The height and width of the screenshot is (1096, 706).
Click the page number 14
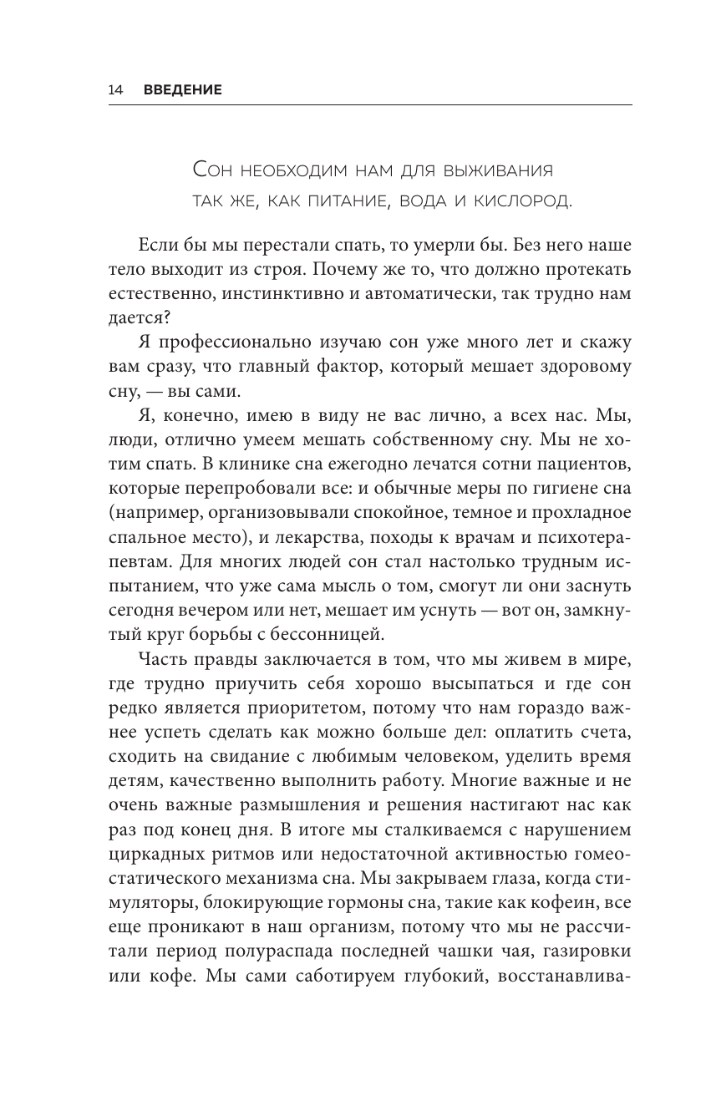click(115, 89)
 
